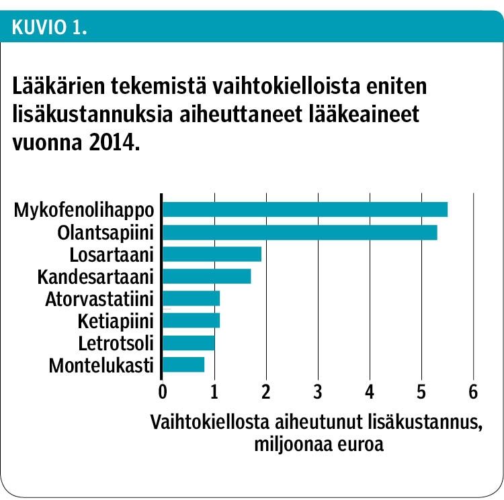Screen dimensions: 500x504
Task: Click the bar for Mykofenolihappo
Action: pos(304,209)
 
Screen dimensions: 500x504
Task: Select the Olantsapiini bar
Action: pos(300,232)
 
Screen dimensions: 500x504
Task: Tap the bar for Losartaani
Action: pos(212,254)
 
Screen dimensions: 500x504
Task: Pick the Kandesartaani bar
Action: pos(206,277)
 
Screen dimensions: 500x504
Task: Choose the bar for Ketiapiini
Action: pos(191,321)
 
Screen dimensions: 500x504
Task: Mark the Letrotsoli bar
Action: pos(188,343)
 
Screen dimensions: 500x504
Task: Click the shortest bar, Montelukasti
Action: pos(183,365)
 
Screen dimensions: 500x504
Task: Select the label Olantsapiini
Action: pos(106,232)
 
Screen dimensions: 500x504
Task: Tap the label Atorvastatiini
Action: pos(99,299)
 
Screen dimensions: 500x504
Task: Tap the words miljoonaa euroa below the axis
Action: pos(318,445)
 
